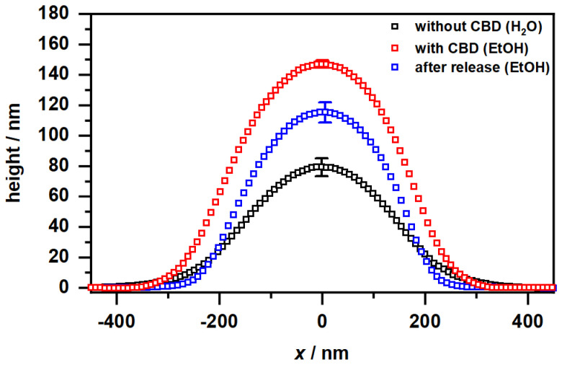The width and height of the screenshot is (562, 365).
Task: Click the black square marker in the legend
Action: [x=395, y=27]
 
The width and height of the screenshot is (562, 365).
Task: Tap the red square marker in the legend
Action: [x=395, y=48]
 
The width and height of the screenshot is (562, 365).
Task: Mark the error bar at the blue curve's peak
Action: [x=325, y=112]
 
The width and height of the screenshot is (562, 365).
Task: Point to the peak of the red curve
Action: [x=322, y=63]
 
